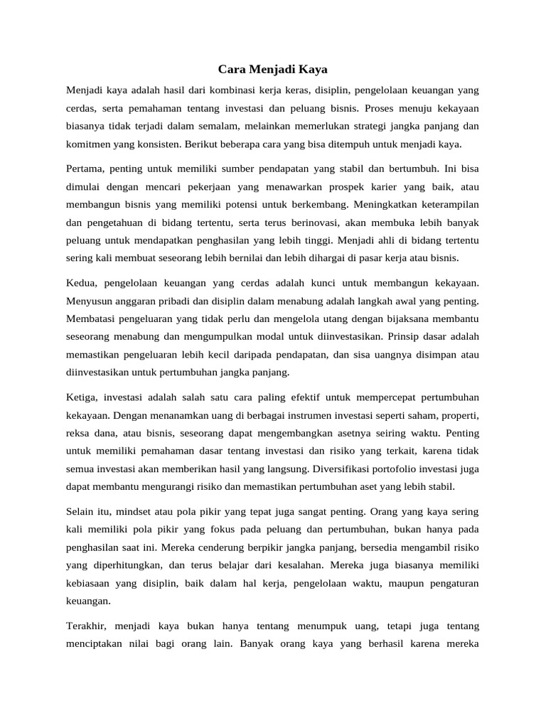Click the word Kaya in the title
(x=313, y=70)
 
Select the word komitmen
(x=88, y=144)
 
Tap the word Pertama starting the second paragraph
(x=85, y=170)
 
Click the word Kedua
(x=82, y=284)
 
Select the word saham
(x=406, y=416)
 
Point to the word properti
(x=456, y=416)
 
